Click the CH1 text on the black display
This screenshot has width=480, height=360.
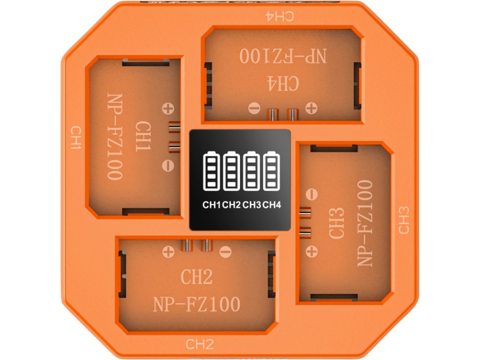(212, 204)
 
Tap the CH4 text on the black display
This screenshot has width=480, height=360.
(271, 204)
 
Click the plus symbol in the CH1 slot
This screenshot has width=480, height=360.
(167, 109)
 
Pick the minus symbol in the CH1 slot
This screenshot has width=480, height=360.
(167, 165)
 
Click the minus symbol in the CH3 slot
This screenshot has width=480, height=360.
(310, 194)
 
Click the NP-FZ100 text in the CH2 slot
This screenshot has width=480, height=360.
(197, 305)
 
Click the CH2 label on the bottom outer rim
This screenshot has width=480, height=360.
(200, 345)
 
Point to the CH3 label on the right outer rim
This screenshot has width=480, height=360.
(404, 220)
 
